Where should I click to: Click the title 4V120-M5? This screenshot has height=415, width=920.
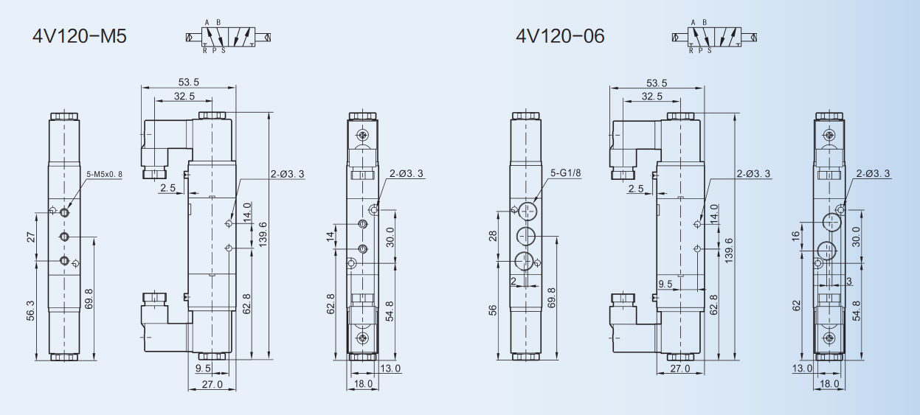79,36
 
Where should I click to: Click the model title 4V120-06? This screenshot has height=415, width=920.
560,36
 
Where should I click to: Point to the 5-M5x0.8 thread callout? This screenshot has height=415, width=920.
104,174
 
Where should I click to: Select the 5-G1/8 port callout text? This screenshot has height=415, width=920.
566,172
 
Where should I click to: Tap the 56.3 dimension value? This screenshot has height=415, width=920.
31,310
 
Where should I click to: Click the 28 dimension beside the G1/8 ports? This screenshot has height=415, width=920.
493,236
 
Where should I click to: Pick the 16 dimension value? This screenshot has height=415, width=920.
796,236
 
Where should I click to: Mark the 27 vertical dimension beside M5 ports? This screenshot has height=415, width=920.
31,237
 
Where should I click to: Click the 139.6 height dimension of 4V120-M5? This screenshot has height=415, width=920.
263,234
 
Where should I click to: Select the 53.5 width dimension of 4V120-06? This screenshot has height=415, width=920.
657,83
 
